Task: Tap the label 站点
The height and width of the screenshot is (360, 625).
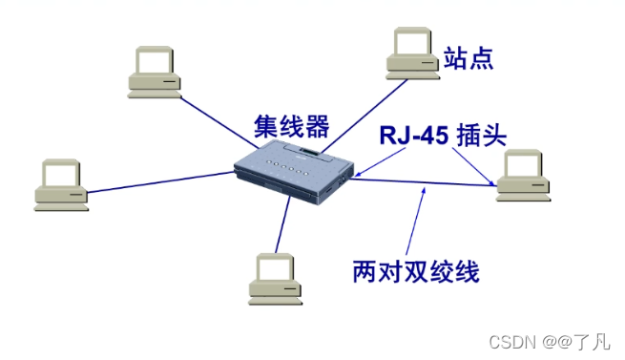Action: tap(469, 59)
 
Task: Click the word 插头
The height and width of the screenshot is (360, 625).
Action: tap(483, 135)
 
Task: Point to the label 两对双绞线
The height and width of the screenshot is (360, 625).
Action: tap(415, 272)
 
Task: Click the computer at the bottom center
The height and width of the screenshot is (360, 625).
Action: tap(275, 277)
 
